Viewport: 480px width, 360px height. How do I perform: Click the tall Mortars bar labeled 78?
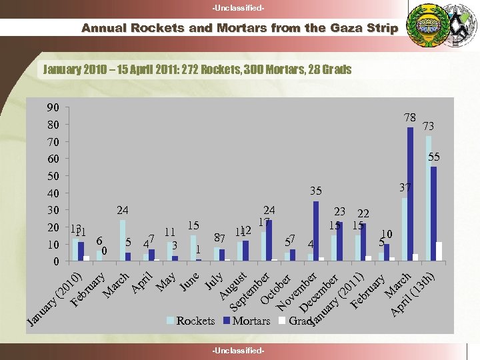pyautogui.click(x=410, y=193)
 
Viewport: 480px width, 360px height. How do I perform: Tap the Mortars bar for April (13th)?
pyautogui.click(x=434, y=213)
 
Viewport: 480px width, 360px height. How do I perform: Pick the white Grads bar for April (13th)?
pyautogui.click(x=439, y=251)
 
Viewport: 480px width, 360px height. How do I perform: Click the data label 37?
pyautogui.click(x=405, y=189)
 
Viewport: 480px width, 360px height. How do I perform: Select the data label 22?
pyautogui.click(x=363, y=213)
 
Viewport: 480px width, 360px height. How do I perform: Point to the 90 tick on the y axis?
pyautogui.click(x=53, y=107)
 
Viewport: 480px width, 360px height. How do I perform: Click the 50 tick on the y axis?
pyautogui.click(x=53, y=176)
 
